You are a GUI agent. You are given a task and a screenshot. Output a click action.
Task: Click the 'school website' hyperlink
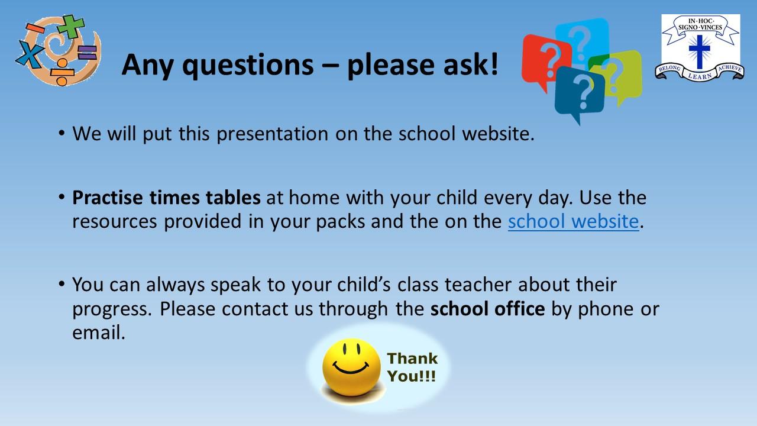click(573, 221)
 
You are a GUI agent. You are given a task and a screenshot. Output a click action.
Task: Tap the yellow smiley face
click(351, 367)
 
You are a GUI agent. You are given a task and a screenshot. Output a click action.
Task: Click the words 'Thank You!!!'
click(412, 367)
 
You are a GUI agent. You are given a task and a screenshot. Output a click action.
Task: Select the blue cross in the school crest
click(700, 51)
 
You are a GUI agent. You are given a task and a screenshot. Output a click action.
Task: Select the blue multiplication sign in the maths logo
click(30, 53)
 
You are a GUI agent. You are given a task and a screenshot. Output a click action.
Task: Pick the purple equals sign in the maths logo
click(87, 53)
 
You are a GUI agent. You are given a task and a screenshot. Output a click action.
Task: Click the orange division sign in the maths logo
click(62, 72)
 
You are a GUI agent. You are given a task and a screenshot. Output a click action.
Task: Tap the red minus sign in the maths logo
click(35, 28)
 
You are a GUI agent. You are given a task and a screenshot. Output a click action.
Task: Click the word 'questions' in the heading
click(248, 65)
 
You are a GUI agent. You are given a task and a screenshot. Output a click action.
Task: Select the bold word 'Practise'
click(108, 198)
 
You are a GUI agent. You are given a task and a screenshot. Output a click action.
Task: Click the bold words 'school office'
click(487, 309)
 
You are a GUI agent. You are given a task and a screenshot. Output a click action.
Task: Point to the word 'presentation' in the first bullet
click(272, 134)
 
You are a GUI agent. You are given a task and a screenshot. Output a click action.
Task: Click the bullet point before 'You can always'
click(61, 283)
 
